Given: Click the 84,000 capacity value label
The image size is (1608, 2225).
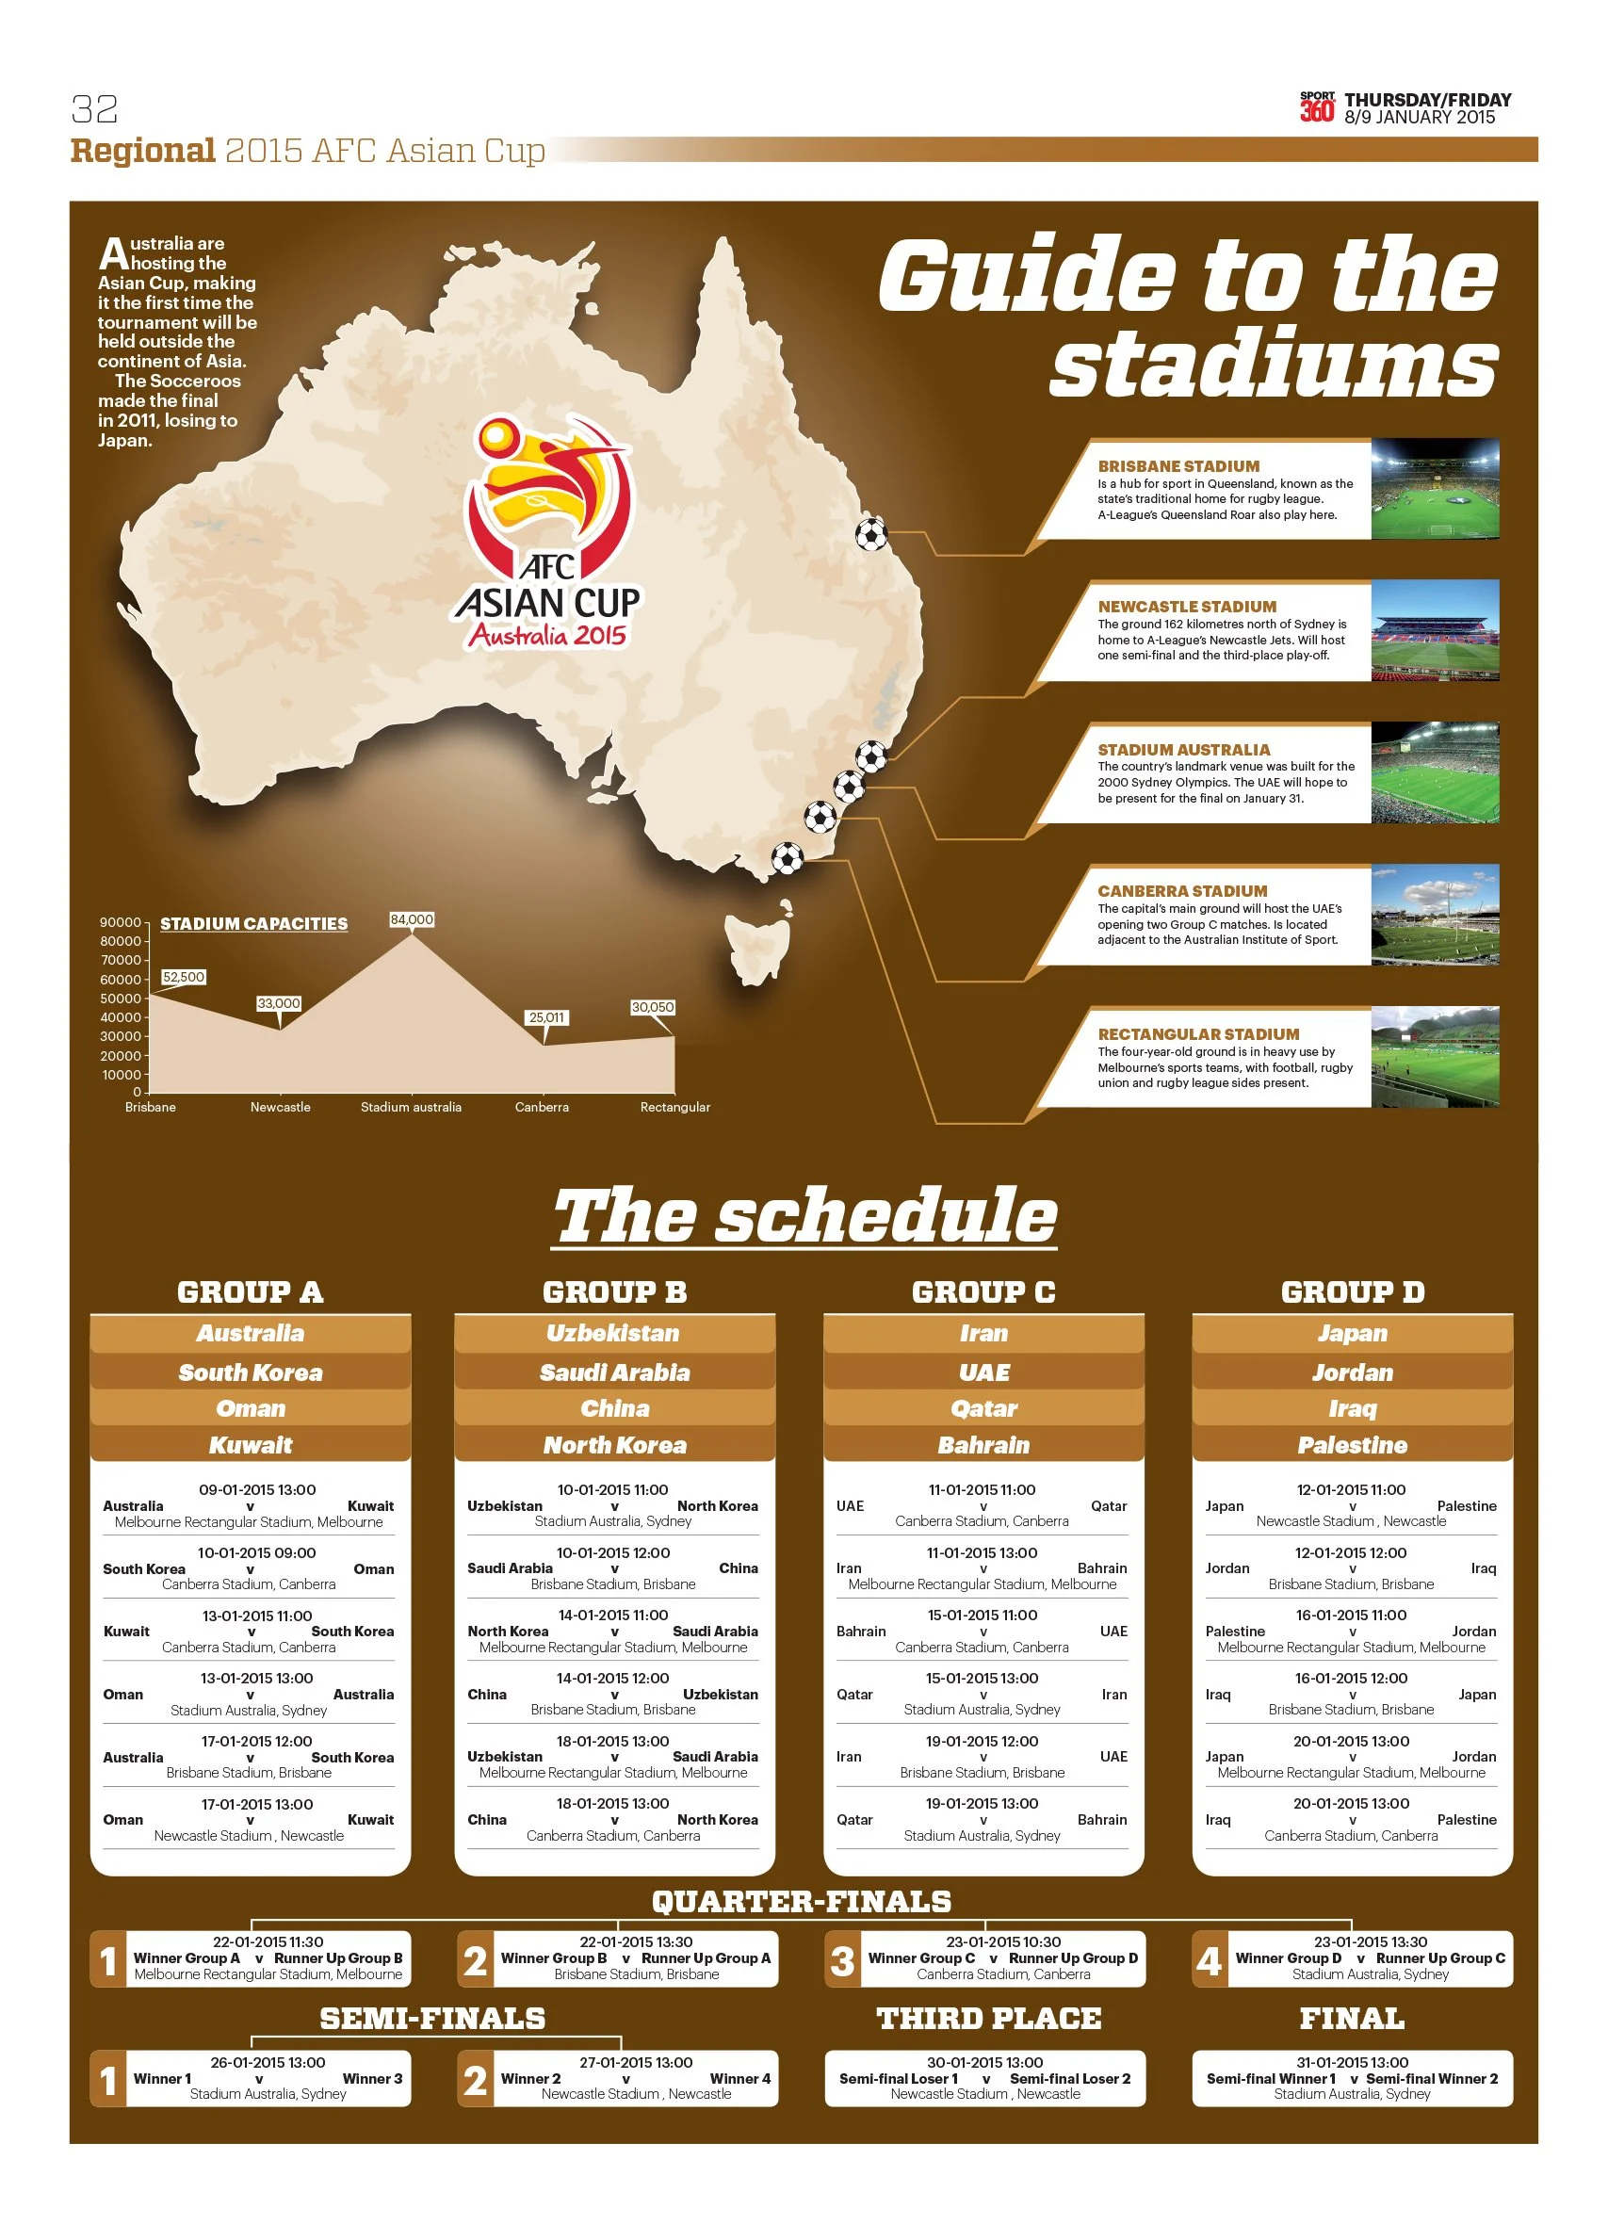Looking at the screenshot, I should pyautogui.click(x=411, y=920).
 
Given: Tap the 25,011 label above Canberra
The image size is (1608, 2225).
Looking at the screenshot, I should pyautogui.click(x=546, y=1017).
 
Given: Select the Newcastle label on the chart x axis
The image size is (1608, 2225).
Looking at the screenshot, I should pyautogui.click(x=281, y=1108).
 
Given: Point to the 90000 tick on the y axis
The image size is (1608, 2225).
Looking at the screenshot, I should pyautogui.click(x=121, y=922).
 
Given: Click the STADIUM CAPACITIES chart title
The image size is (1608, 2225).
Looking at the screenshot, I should pyautogui.click(x=253, y=924).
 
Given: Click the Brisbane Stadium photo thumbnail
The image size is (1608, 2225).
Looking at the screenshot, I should pyautogui.click(x=1435, y=489).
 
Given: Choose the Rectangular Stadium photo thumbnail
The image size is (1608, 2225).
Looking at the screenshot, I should pyautogui.click(x=1435, y=1058).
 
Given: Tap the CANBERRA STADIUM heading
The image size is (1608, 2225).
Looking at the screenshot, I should pyautogui.click(x=1182, y=891).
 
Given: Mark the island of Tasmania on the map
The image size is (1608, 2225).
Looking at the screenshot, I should pyautogui.click(x=756, y=944).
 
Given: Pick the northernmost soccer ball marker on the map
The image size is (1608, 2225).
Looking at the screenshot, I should pyautogui.click(x=871, y=535).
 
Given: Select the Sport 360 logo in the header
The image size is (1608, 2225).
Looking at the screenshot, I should pyautogui.click(x=1317, y=107).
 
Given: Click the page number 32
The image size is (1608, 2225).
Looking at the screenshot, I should pyautogui.click(x=94, y=108).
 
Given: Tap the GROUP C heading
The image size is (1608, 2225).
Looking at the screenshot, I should pyautogui.click(x=983, y=1292).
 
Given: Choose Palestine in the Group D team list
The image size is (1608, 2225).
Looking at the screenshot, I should pyautogui.click(x=1352, y=1445).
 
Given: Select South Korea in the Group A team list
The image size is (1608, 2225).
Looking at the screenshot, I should pyautogui.click(x=251, y=1372).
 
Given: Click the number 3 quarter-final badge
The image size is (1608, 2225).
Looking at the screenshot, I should pyautogui.click(x=842, y=1960).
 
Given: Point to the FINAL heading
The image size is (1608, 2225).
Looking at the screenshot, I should pyautogui.click(x=1352, y=2018).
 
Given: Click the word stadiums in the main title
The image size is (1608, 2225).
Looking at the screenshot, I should pyautogui.click(x=1274, y=363).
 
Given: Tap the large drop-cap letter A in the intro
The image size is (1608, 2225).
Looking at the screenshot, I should pyautogui.click(x=114, y=254).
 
